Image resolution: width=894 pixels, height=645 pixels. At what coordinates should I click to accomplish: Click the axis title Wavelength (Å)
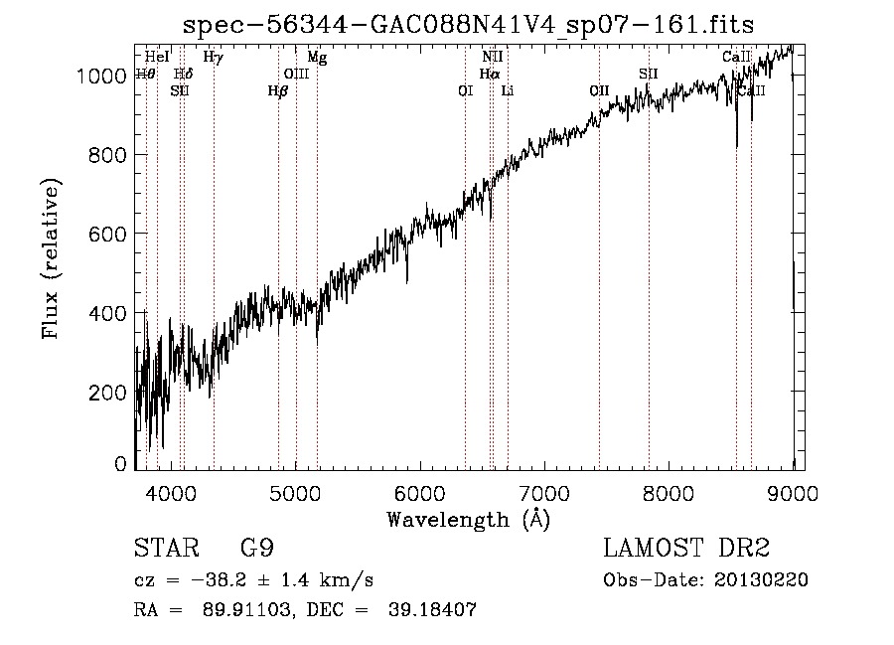468,519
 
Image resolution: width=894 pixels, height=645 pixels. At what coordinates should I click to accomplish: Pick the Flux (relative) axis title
51,259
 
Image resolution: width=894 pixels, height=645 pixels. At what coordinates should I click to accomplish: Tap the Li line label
508,91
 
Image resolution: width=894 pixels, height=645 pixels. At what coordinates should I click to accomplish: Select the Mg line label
317,58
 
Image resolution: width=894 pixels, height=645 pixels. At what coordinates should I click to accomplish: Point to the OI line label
465,91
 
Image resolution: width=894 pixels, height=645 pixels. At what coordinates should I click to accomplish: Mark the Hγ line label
213,58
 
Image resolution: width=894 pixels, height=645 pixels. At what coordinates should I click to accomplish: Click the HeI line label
157,58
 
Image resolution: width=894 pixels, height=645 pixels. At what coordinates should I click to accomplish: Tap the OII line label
598,91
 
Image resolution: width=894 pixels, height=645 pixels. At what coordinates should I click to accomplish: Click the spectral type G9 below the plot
257,550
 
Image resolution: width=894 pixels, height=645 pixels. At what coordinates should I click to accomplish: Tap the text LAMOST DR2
686,550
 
